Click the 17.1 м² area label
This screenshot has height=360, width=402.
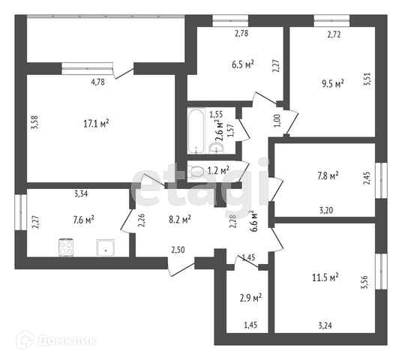click(97, 124)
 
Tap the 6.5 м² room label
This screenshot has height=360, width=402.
click(243, 64)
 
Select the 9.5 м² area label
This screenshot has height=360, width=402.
click(332, 83)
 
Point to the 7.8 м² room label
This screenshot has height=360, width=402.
click(328, 176)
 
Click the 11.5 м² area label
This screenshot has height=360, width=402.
click(325, 277)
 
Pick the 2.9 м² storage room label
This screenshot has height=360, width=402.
click(250, 298)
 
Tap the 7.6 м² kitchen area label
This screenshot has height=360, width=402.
click(83, 220)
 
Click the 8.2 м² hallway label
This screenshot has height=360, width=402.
click(180, 220)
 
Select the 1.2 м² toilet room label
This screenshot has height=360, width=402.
click(218, 170)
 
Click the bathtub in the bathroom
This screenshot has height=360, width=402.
click(196, 131)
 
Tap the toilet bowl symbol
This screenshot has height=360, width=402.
click(196, 171)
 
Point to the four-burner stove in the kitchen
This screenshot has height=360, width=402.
click(66, 247)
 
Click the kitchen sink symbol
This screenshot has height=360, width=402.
click(105, 247)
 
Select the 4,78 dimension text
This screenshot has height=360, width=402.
click(98, 82)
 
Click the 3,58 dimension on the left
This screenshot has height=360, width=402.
click(34, 123)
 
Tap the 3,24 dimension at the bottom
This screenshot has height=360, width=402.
click(325, 325)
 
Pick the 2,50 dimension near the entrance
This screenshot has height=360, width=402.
click(178, 250)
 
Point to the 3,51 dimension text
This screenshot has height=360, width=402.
click(367, 79)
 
